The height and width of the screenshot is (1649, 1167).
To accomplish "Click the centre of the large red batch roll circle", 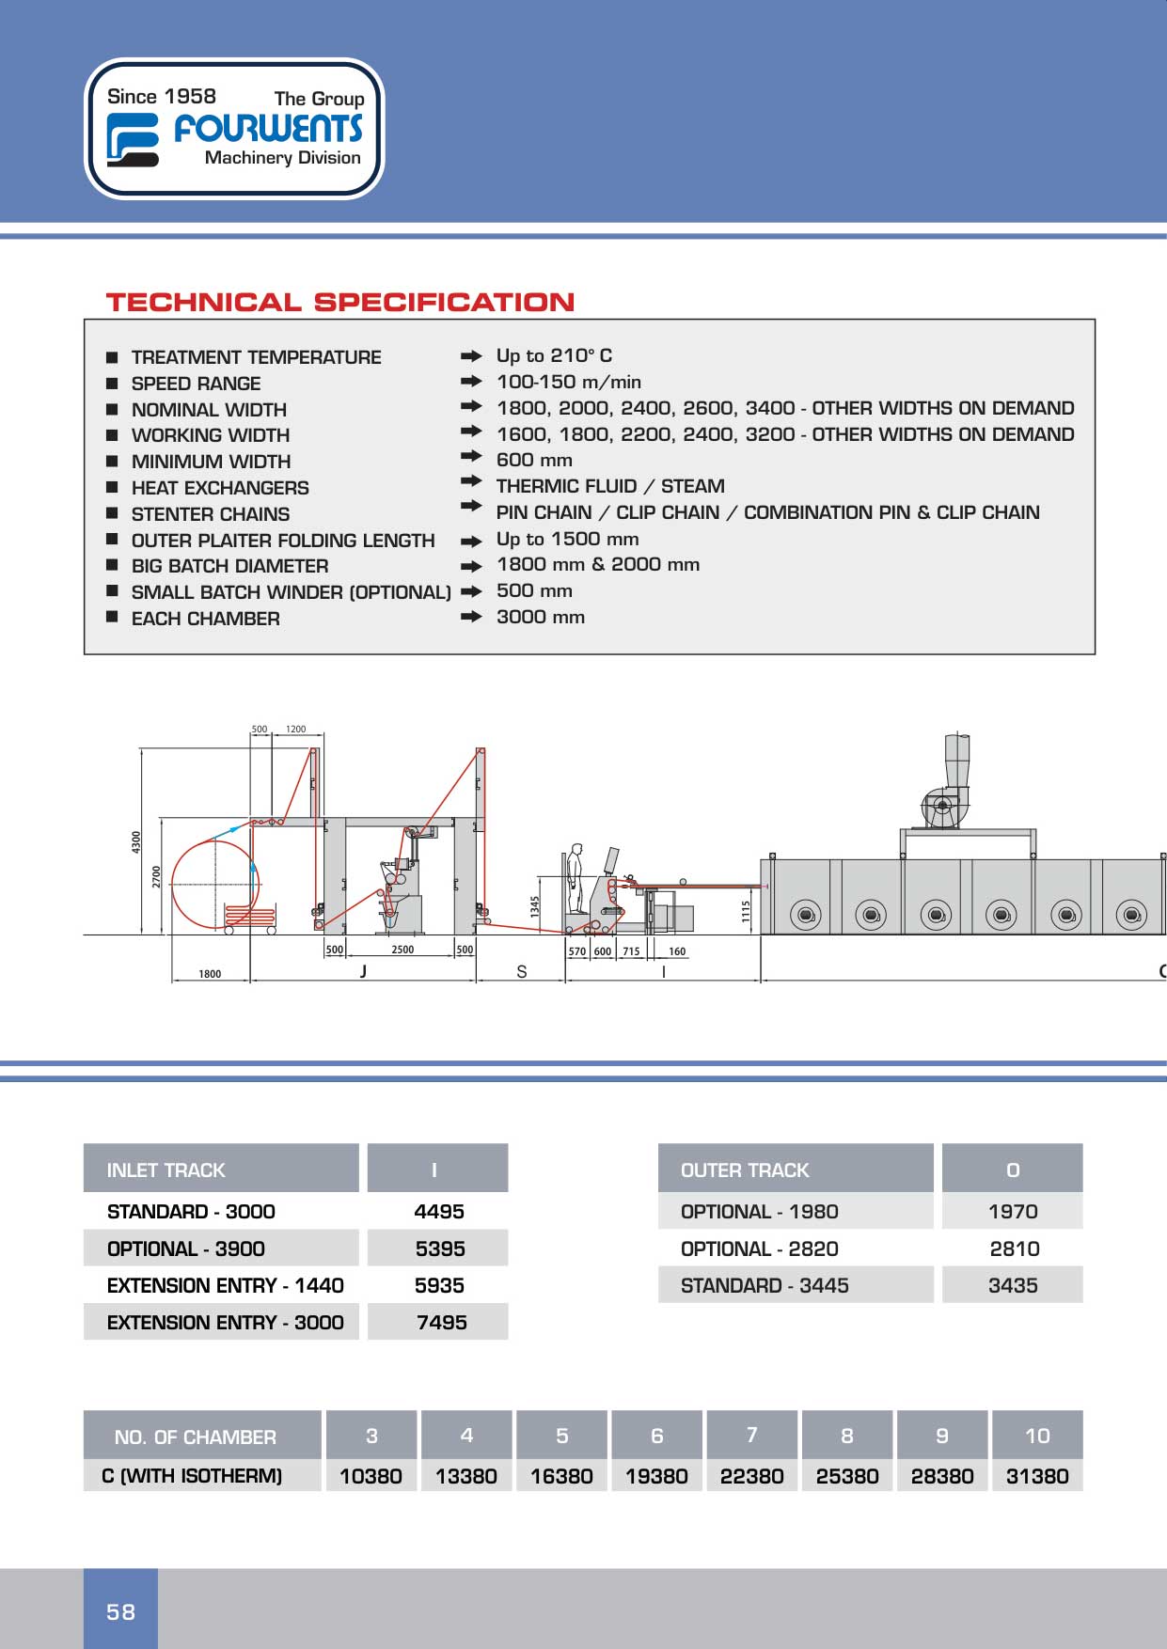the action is [215, 884].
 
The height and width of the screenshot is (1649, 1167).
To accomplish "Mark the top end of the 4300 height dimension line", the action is [141, 748].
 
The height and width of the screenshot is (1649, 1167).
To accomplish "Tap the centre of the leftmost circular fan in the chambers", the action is [805, 914].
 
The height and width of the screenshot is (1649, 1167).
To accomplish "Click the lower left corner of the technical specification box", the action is [85, 653].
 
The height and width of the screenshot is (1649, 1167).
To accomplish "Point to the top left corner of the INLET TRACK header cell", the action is [84, 1144].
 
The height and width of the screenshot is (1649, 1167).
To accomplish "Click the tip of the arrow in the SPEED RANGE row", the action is [482, 382].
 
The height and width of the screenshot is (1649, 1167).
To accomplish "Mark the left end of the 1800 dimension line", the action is [172, 981].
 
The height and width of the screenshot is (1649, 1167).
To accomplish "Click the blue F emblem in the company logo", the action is [132, 139].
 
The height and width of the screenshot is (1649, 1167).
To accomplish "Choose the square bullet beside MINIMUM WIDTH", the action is [112, 461].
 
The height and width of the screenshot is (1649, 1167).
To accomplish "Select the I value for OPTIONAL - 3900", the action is [440, 1249].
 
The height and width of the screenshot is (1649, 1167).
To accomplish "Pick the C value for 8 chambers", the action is [847, 1476].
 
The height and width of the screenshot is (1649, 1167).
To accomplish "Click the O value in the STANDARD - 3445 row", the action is [1013, 1285].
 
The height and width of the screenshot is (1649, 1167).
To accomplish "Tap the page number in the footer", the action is [120, 1611].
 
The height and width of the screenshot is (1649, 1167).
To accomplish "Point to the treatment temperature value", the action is [554, 355].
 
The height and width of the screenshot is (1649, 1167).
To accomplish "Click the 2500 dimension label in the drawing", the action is [402, 950].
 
